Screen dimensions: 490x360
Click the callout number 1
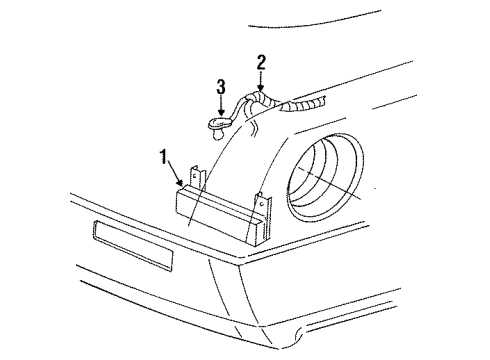(161, 157)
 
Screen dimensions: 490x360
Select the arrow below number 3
(221, 106)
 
